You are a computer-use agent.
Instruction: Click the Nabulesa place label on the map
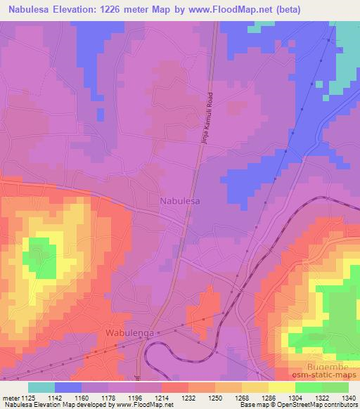pos(180,201)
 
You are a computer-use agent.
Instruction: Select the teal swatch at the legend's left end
pos(41,387)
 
